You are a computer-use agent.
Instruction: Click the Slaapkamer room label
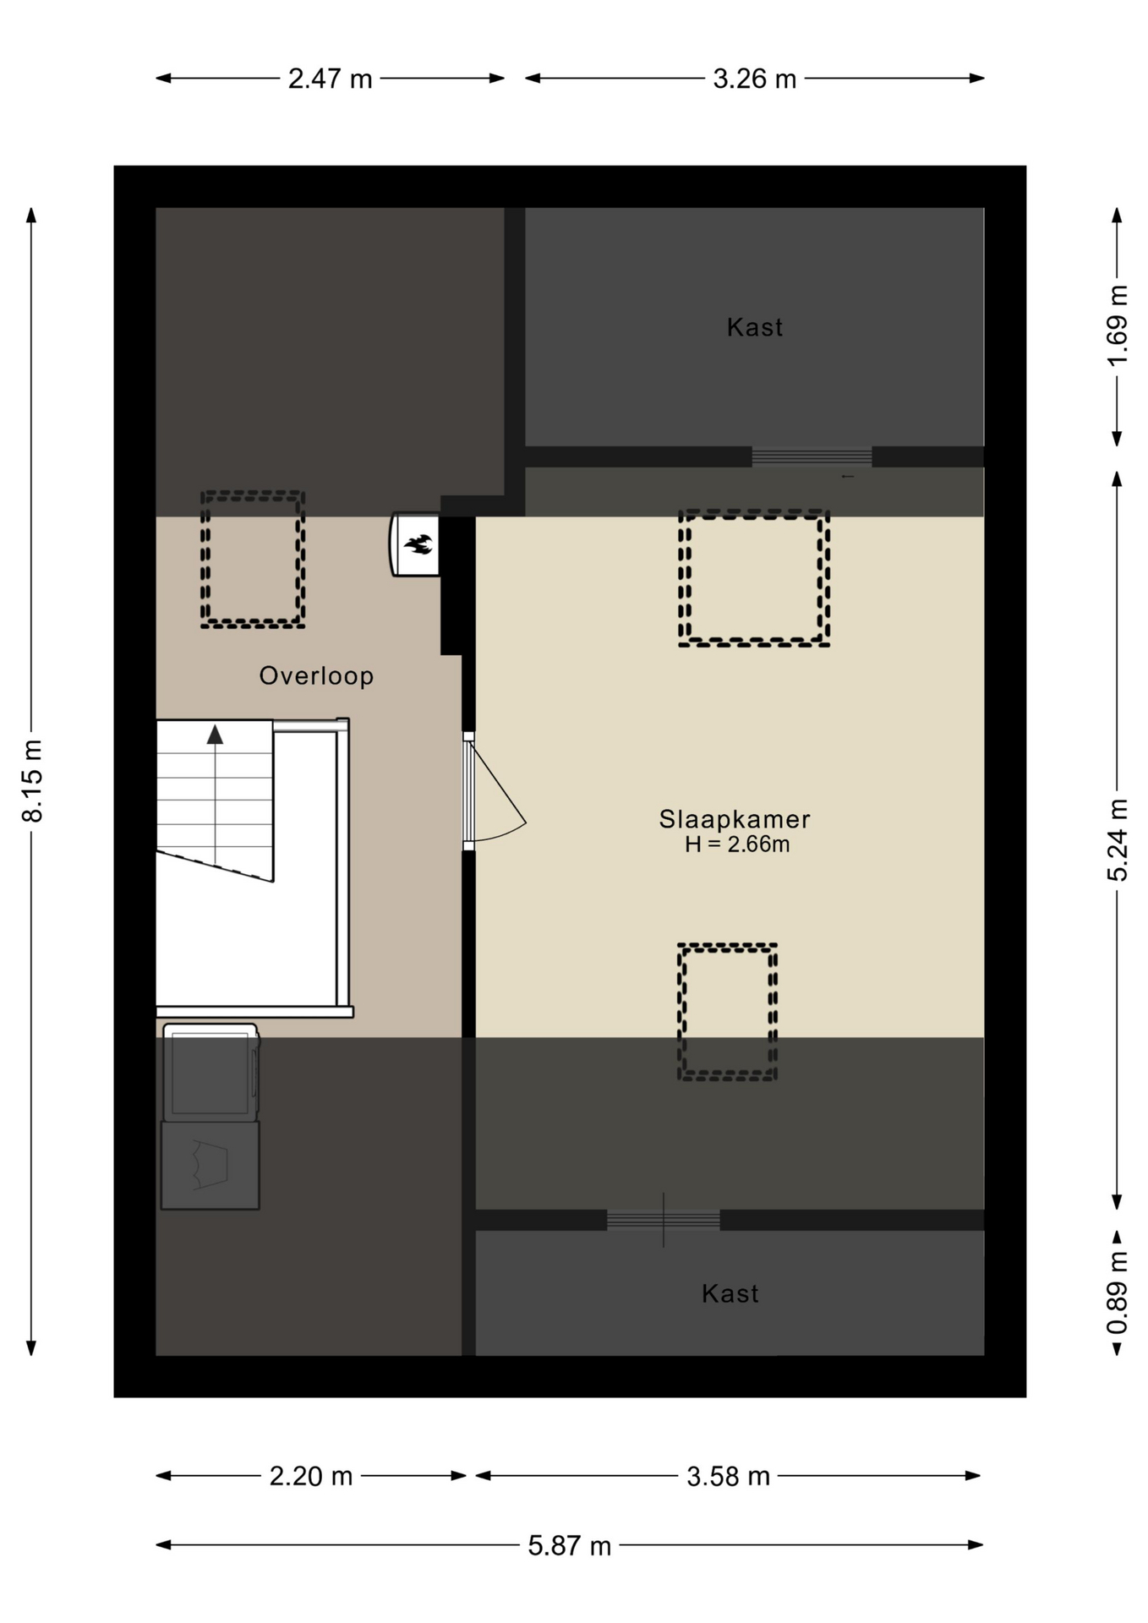(734, 819)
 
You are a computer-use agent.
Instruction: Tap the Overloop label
(316, 676)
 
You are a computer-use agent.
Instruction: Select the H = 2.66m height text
(736, 844)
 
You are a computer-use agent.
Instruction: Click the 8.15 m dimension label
(32, 780)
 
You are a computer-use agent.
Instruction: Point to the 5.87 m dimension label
(569, 1546)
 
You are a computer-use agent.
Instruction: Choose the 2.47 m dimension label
(330, 79)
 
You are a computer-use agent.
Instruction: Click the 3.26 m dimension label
(754, 79)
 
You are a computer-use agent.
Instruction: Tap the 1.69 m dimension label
(1118, 326)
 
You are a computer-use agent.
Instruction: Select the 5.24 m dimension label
(1118, 840)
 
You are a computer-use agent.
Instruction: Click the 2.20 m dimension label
(310, 1476)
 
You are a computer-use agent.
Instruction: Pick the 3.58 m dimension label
(728, 1476)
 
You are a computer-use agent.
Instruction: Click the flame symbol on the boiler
(418, 544)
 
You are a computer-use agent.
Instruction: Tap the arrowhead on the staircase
(215, 735)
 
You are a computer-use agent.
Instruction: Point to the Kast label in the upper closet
(755, 327)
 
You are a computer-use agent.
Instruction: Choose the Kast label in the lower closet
(730, 1293)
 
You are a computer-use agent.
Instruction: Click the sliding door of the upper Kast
(812, 456)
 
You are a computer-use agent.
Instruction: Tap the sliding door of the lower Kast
(664, 1220)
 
